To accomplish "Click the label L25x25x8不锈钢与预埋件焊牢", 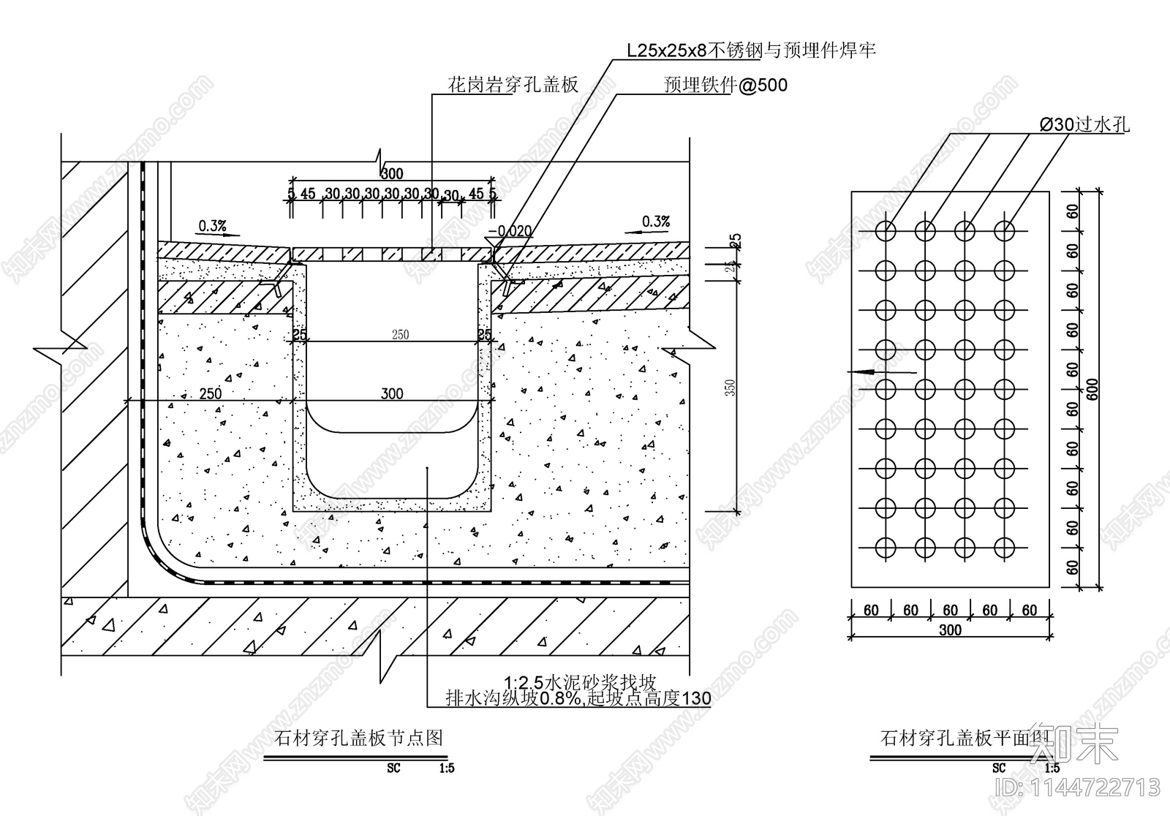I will tap(751, 50).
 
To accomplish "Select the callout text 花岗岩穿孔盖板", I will tap(513, 85).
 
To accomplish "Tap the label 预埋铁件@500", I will tap(725, 86).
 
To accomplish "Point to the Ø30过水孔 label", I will tap(1084, 125).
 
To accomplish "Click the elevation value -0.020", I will tap(510, 231).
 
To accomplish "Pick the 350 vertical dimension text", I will tap(732, 388).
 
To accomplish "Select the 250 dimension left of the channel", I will tap(210, 393).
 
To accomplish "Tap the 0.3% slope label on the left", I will tap(212, 225).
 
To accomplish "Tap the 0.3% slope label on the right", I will tap(655, 221).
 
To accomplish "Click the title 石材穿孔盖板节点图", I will tap(358, 738).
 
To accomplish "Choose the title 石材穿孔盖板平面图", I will tap(965, 738).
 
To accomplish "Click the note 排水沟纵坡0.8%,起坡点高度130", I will tap(578, 699).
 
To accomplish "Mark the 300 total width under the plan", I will tap(950, 630).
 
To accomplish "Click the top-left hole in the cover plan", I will tap(886, 231).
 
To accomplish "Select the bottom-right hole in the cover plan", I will tap(1005, 547).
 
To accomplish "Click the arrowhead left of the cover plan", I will tap(863, 372).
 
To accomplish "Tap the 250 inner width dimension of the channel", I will tap(400, 335).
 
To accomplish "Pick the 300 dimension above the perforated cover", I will tap(392, 174).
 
